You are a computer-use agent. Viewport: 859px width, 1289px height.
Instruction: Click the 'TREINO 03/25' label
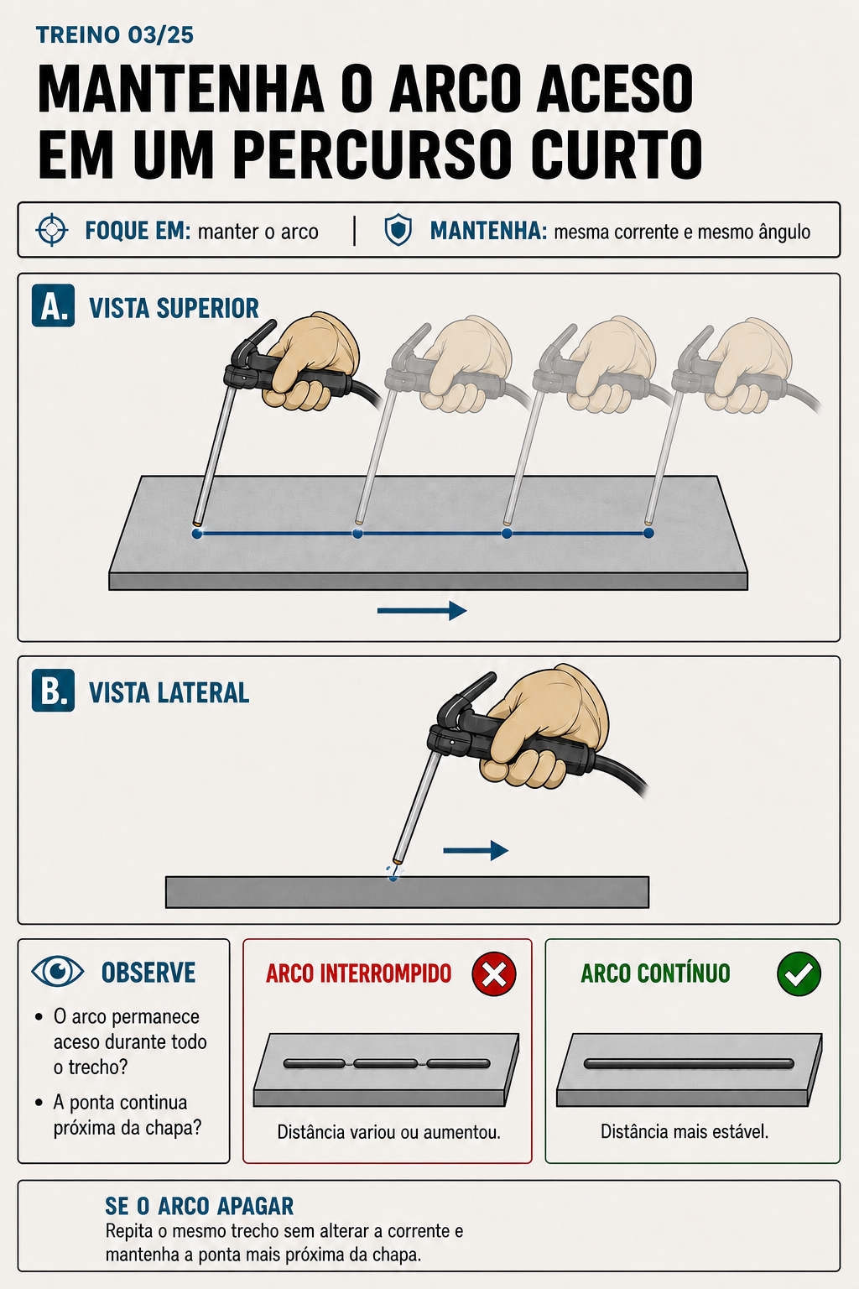point(114,35)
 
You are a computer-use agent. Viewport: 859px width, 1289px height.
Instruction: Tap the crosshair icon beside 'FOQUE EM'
point(52,230)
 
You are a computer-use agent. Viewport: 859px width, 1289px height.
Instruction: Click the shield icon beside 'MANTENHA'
point(398,230)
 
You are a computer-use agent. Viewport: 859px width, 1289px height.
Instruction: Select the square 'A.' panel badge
point(53,305)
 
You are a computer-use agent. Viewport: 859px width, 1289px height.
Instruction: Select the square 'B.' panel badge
point(53,690)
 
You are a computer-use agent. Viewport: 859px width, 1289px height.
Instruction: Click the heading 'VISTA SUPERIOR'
point(174,309)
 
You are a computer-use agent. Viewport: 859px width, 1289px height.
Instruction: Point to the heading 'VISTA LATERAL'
point(169,692)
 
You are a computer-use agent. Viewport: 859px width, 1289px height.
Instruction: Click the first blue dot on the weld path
point(197,534)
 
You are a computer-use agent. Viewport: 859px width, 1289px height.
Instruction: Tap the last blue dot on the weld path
point(648,534)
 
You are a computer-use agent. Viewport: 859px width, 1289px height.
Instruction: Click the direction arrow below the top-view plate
point(422,611)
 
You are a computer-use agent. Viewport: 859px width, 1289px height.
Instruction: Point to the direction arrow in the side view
point(476,850)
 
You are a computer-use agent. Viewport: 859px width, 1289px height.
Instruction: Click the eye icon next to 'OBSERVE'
point(58,971)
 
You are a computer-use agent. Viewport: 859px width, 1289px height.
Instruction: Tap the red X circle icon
point(493,973)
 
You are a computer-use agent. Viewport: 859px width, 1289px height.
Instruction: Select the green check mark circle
point(799,973)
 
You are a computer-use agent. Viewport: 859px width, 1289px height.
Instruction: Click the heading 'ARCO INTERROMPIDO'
point(358,973)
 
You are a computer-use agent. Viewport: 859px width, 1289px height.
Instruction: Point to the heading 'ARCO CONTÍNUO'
point(655,973)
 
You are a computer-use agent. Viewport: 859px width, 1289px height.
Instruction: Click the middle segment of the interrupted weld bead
point(386,1063)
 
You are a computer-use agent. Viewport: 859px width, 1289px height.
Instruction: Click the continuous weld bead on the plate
point(689,1063)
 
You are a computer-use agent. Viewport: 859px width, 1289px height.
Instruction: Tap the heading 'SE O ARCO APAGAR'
point(199,1206)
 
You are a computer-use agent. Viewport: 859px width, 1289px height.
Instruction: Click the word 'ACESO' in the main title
point(615,89)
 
